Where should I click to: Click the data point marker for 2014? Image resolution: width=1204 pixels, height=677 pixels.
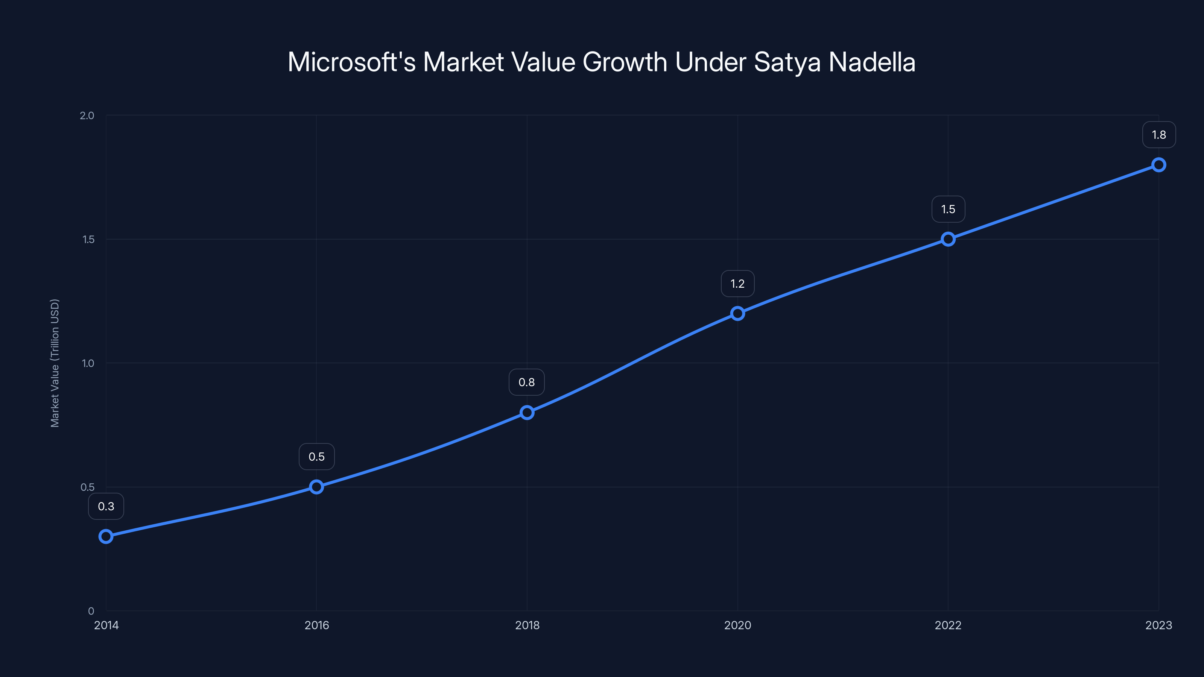click(x=106, y=536)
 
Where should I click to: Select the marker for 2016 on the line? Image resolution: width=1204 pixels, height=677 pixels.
click(x=316, y=487)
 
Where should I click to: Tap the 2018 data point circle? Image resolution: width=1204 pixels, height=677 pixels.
click(x=527, y=413)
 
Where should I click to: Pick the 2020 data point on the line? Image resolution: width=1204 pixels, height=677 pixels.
click(x=737, y=314)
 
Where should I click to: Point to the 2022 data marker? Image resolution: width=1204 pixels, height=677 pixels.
click(x=948, y=239)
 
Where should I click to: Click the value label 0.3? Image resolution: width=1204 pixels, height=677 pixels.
click(x=106, y=507)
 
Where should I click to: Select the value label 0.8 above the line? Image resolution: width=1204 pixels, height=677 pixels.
click(x=526, y=382)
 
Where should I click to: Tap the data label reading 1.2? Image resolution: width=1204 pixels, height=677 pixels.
click(x=737, y=284)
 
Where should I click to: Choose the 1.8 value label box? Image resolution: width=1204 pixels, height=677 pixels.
click(x=1159, y=135)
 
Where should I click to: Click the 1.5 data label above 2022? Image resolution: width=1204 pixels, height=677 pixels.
click(x=948, y=209)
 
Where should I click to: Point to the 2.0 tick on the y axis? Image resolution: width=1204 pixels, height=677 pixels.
click(x=87, y=115)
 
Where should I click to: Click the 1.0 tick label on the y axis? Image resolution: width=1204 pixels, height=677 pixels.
click(x=88, y=363)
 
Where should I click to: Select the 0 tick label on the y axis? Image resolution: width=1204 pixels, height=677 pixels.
click(x=91, y=611)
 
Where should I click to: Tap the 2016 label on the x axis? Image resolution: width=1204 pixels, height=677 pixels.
click(x=316, y=625)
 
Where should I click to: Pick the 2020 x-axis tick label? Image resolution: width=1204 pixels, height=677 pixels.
click(x=737, y=625)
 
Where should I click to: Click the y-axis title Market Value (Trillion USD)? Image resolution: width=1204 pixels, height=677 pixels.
click(x=55, y=363)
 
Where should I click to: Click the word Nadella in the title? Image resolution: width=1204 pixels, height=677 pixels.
click(x=872, y=62)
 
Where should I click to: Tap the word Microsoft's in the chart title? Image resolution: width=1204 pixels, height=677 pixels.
click(x=351, y=62)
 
